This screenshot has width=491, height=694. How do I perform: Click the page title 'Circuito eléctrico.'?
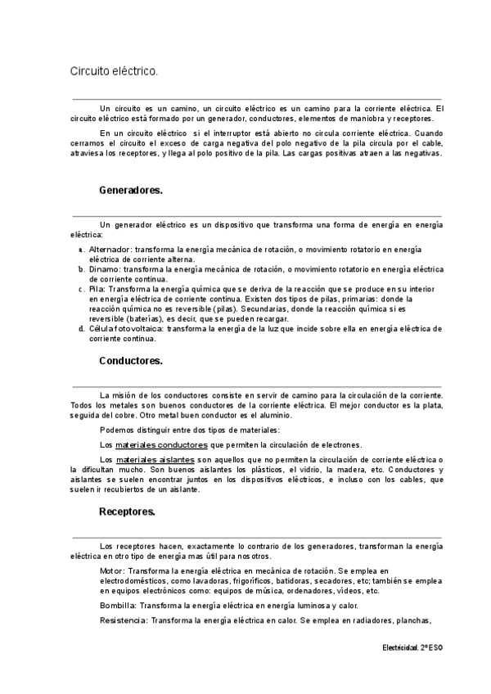tap(114, 72)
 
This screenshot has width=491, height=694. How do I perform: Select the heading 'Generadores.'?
tap(131, 190)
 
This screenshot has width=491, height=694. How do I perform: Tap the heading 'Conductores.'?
tap(131, 360)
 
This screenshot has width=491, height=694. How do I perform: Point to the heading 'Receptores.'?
tap(128, 512)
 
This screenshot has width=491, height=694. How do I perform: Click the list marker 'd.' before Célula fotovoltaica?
tap(81, 328)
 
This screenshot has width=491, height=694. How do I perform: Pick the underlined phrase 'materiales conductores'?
tap(161, 444)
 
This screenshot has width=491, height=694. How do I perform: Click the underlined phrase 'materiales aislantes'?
tap(155, 460)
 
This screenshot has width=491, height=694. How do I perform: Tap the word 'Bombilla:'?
tap(118, 606)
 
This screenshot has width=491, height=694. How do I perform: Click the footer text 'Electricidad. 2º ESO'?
tap(412, 647)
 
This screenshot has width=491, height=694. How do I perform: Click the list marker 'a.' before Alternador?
tap(81, 249)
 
